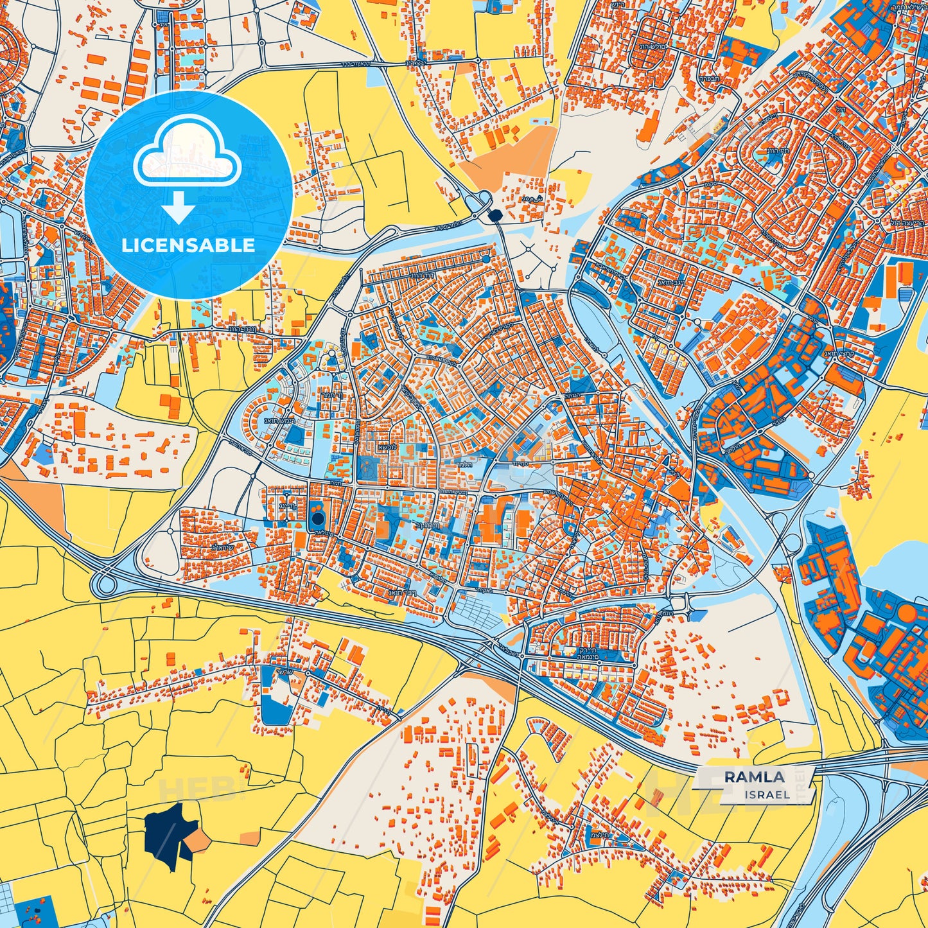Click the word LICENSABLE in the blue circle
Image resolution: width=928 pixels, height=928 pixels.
188,245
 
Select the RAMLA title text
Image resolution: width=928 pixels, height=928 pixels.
754,777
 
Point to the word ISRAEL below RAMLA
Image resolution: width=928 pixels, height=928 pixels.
767,794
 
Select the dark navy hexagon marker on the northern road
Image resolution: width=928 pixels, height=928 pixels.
495,216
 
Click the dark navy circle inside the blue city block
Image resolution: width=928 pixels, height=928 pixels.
317,518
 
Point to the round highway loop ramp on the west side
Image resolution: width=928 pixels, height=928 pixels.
103,584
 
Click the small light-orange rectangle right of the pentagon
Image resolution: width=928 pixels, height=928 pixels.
250,837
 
